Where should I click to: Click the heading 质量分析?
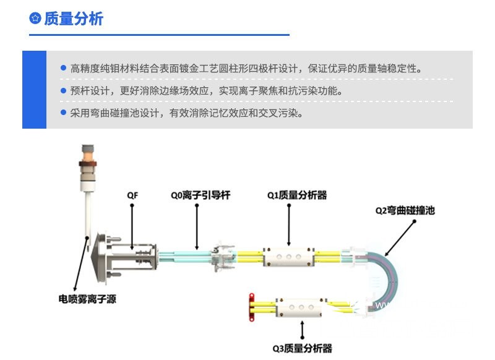pyautogui.click(x=74, y=19)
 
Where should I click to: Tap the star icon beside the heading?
pyautogui.click(x=35, y=19)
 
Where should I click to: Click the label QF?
pyautogui.click(x=132, y=195)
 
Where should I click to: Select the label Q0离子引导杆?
pyautogui.click(x=200, y=195)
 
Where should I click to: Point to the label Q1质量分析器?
pyautogui.click(x=297, y=195)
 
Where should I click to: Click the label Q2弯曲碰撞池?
pyautogui.click(x=405, y=210)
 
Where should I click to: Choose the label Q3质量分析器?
pyautogui.click(x=303, y=348)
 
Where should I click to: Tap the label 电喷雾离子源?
pyautogui.click(x=87, y=299)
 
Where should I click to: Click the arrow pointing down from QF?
pyautogui.click(x=132, y=227)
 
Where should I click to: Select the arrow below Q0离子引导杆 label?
pyautogui.click(x=197, y=227)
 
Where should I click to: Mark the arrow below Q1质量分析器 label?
pyautogui.click(x=289, y=225)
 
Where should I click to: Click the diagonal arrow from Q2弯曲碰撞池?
pyautogui.click(x=400, y=238)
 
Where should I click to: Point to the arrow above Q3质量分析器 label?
pyautogui.click(x=303, y=330)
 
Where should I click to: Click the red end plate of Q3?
pyautogui.click(x=252, y=307)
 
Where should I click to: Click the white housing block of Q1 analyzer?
pyautogui.click(x=289, y=257)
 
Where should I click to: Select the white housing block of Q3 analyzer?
pyautogui.click(x=301, y=307)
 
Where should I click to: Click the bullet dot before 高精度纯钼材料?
pyautogui.click(x=64, y=68)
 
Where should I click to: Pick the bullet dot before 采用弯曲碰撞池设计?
pyautogui.click(x=64, y=113)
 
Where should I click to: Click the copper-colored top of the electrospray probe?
pyautogui.click(x=88, y=156)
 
